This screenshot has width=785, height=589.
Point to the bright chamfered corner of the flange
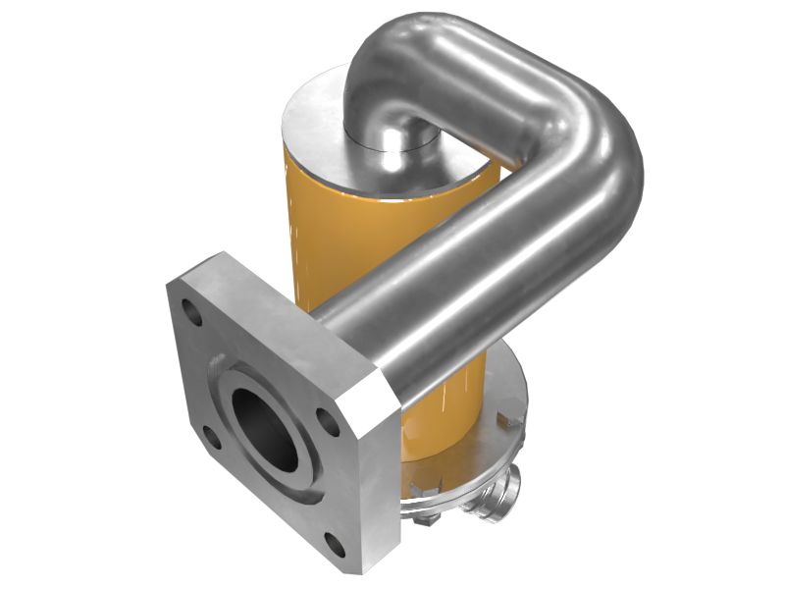[371, 393]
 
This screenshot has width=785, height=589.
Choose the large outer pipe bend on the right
[599, 157]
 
